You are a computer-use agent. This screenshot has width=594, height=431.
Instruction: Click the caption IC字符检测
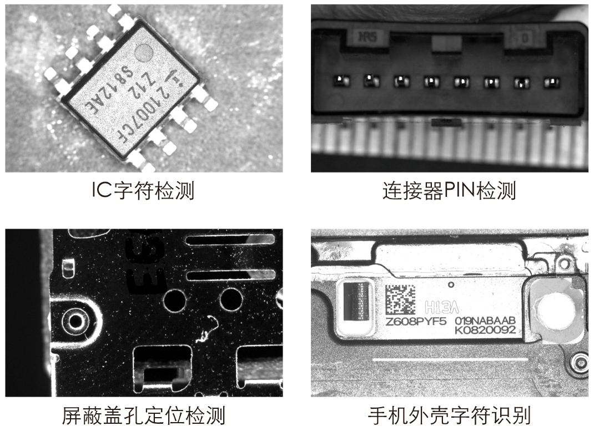[x=143, y=191]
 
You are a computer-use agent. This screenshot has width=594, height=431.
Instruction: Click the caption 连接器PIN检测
[x=449, y=191]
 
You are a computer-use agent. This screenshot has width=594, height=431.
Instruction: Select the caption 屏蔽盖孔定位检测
[x=143, y=415]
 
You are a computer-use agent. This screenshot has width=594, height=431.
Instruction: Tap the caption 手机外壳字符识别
[x=449, y=415]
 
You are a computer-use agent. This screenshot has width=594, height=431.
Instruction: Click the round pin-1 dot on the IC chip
[x=145, y=53]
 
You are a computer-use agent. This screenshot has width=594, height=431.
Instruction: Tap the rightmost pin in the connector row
[x=550, y=83]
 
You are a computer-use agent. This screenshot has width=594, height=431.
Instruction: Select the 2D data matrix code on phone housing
[x=400, y=300]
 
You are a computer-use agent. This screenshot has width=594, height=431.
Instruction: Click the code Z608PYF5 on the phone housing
[x=416, y=321]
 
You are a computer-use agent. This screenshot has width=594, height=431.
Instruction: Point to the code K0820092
[x=485, y=330]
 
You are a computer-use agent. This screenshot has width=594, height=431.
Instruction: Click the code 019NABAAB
[x=485, y=321]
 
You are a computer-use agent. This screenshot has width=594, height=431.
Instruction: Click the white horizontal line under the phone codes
[x=450, y=359]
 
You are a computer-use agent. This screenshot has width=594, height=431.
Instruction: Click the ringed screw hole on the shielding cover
[x=74, y=320]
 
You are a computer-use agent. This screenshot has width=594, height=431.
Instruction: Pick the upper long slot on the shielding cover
[x=230, y=240]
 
